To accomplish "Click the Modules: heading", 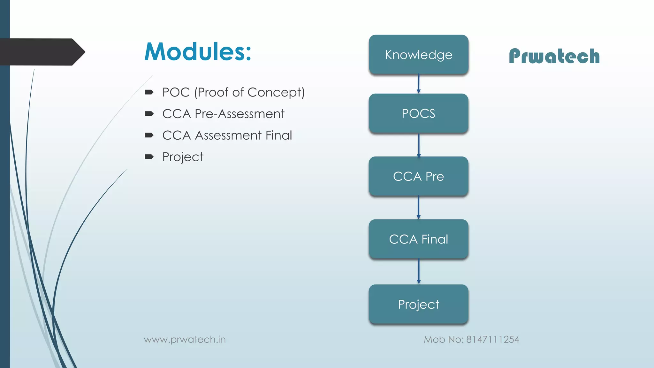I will tap(198, 52).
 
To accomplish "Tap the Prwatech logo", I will tap(554, 56).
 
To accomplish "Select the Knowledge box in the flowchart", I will tap(418, 55).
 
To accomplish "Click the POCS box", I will tap(418, 113).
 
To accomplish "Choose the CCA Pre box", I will tap(418, 176).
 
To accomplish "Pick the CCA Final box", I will tap(418, 239).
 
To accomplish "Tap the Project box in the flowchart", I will tap(418, 304).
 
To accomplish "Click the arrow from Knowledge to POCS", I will tap(419, 84).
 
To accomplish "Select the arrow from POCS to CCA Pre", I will tap(419, 145).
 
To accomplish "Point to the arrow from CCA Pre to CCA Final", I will tap(419, 207).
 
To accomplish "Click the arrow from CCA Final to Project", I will tap(419, 271).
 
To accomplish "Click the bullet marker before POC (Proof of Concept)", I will tap(149, 93).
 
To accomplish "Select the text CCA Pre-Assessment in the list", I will tap(223, 114).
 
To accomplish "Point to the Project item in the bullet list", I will tap(183, 157).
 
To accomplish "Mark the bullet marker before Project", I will tap(149, 157).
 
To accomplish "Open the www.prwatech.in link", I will tap(185, 339).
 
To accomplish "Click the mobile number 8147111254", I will tap(492, 339).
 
